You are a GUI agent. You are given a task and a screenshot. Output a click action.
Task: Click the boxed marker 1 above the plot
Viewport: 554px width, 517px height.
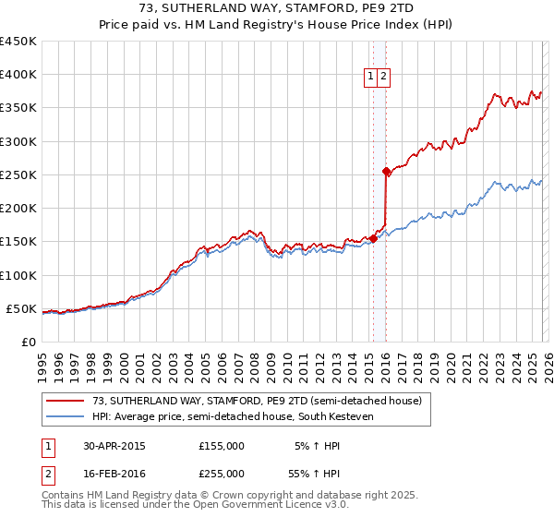point(370,78)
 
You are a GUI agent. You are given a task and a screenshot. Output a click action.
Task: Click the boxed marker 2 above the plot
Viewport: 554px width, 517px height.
point(383,78)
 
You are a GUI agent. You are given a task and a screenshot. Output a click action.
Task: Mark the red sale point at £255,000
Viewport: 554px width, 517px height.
point(386,171)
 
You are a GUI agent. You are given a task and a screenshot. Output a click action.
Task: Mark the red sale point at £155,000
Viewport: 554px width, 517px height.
point(373,238)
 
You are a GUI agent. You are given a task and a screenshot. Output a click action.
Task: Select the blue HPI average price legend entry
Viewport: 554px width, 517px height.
point(244,416)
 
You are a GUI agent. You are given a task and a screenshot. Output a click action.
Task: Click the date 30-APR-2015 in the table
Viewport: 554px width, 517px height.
point(114,446)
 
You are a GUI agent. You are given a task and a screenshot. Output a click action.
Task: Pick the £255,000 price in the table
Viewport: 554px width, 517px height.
point(222,473)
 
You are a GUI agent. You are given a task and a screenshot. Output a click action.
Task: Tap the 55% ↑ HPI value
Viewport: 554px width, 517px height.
point(316,473)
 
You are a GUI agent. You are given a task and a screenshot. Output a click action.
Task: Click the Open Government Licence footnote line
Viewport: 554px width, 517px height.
point(196,506)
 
